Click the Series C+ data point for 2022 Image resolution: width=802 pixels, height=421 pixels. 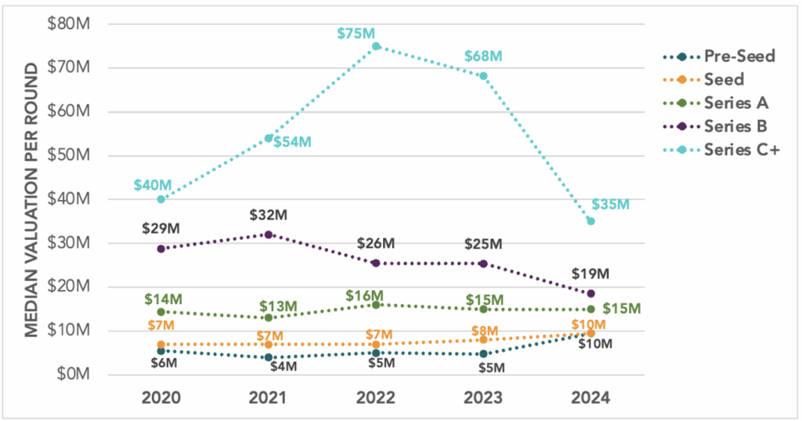[376, 46]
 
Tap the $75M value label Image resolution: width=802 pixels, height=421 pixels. [356, 33]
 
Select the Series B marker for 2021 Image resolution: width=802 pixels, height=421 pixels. [269, 234]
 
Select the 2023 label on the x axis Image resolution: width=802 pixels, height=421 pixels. [483, 397]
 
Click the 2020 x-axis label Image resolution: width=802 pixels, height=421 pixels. [161, 397]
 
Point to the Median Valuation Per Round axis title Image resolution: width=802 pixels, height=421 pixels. [32, 199]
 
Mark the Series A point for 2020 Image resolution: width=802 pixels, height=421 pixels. [161, 312]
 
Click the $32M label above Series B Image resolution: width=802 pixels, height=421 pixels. [269, 214]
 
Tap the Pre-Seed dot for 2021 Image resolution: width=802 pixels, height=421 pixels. [269, 357]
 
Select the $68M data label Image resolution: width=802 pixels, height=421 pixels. [483, 56]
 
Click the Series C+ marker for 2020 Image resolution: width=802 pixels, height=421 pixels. [161, 199]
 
